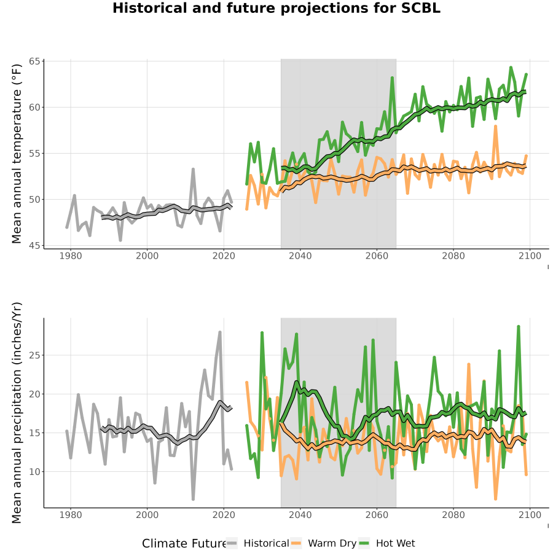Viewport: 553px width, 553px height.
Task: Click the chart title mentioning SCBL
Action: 276,8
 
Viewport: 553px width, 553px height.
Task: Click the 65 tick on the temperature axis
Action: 34,61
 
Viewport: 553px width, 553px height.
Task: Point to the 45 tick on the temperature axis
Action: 34,245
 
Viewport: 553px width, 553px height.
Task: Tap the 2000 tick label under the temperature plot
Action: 147,256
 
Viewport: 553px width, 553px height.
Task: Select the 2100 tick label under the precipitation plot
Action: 530,515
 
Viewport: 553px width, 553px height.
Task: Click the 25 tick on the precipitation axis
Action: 34,355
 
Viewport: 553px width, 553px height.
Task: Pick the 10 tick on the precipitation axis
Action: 34,472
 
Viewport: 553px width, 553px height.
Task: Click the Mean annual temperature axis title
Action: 16,154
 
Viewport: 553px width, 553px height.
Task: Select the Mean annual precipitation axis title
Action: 16,413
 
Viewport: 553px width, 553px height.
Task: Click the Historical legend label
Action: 266,543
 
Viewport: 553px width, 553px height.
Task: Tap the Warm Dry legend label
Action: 332,543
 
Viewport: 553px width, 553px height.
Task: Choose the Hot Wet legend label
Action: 395,543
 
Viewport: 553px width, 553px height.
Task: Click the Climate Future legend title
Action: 184,544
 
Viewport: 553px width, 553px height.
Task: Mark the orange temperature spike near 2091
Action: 495,126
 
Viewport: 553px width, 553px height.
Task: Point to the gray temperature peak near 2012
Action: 194,170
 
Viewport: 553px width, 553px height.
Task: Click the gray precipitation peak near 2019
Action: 220,332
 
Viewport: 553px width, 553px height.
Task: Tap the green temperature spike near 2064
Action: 392,77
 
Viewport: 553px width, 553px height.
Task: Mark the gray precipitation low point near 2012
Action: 194,499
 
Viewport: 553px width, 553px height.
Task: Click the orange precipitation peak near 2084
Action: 469,364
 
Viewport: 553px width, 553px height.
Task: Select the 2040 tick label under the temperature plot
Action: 300,256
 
